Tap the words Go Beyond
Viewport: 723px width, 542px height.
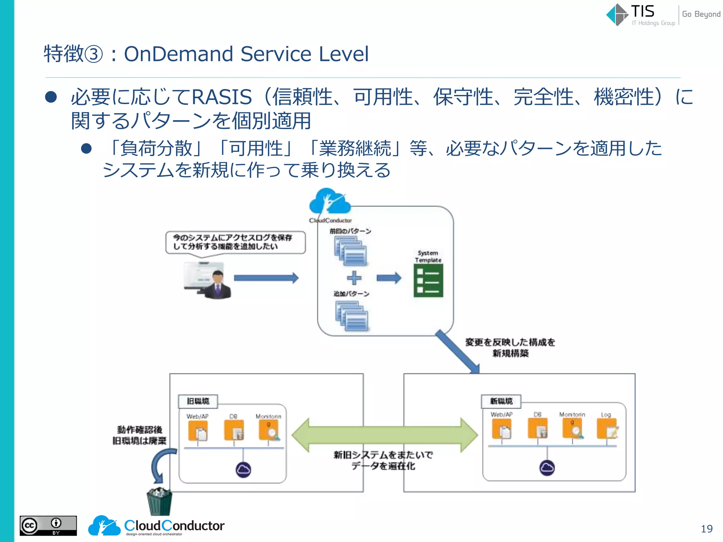coord(701,14)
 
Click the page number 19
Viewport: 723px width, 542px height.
coord(706,529)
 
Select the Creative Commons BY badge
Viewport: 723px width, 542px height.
coord(48,526)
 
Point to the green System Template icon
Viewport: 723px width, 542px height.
coord(428,281)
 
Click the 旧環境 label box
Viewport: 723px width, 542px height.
coord(198,401)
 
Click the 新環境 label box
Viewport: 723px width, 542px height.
coord(501,401)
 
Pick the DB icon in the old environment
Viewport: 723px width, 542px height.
coord(234,430)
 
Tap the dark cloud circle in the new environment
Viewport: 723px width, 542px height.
coord(547,468)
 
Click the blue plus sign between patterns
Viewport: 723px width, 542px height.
coord(354,278)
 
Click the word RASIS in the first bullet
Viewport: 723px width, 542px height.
coord(222,97)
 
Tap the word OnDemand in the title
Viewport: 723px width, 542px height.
coord(178,54)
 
